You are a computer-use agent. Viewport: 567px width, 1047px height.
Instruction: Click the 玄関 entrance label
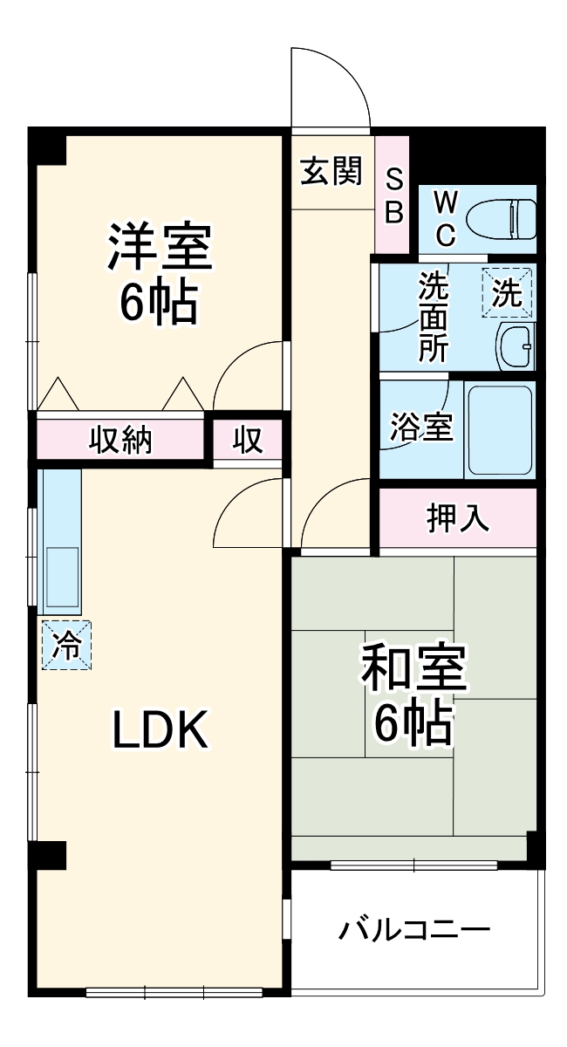click(x=331, y=171)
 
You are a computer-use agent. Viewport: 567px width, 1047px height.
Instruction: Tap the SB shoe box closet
click(x=393, y=196)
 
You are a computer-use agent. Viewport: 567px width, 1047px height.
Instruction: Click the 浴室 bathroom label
click(x=420, y=428)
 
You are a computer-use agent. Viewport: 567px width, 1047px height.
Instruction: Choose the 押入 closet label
click(x=457, y=517)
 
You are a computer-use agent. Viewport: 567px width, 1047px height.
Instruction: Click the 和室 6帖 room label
click(x=414, y=694)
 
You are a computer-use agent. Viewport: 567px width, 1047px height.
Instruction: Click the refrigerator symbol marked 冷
click(x=65, y=646)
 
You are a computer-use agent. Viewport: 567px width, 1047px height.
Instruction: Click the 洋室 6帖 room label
click(x=159, y=272)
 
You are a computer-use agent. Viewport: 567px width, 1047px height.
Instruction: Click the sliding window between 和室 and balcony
click(x=413, y=866)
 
